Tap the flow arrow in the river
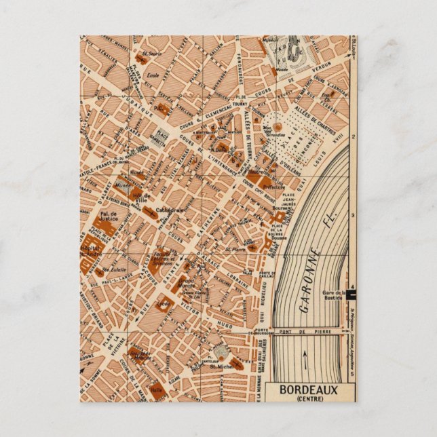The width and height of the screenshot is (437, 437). pos(304,360)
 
